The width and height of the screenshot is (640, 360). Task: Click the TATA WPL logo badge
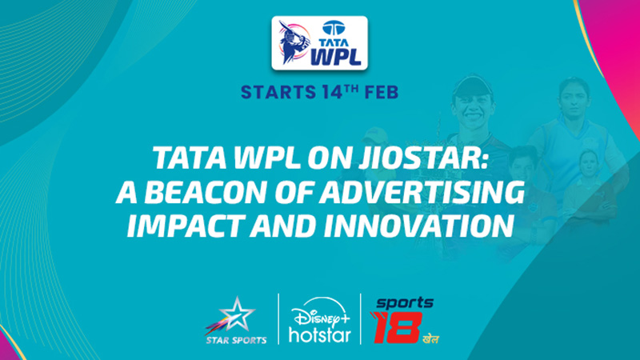point(319,43)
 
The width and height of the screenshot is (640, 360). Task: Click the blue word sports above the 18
point(405,302)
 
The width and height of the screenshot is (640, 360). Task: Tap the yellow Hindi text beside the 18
point(431,338)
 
